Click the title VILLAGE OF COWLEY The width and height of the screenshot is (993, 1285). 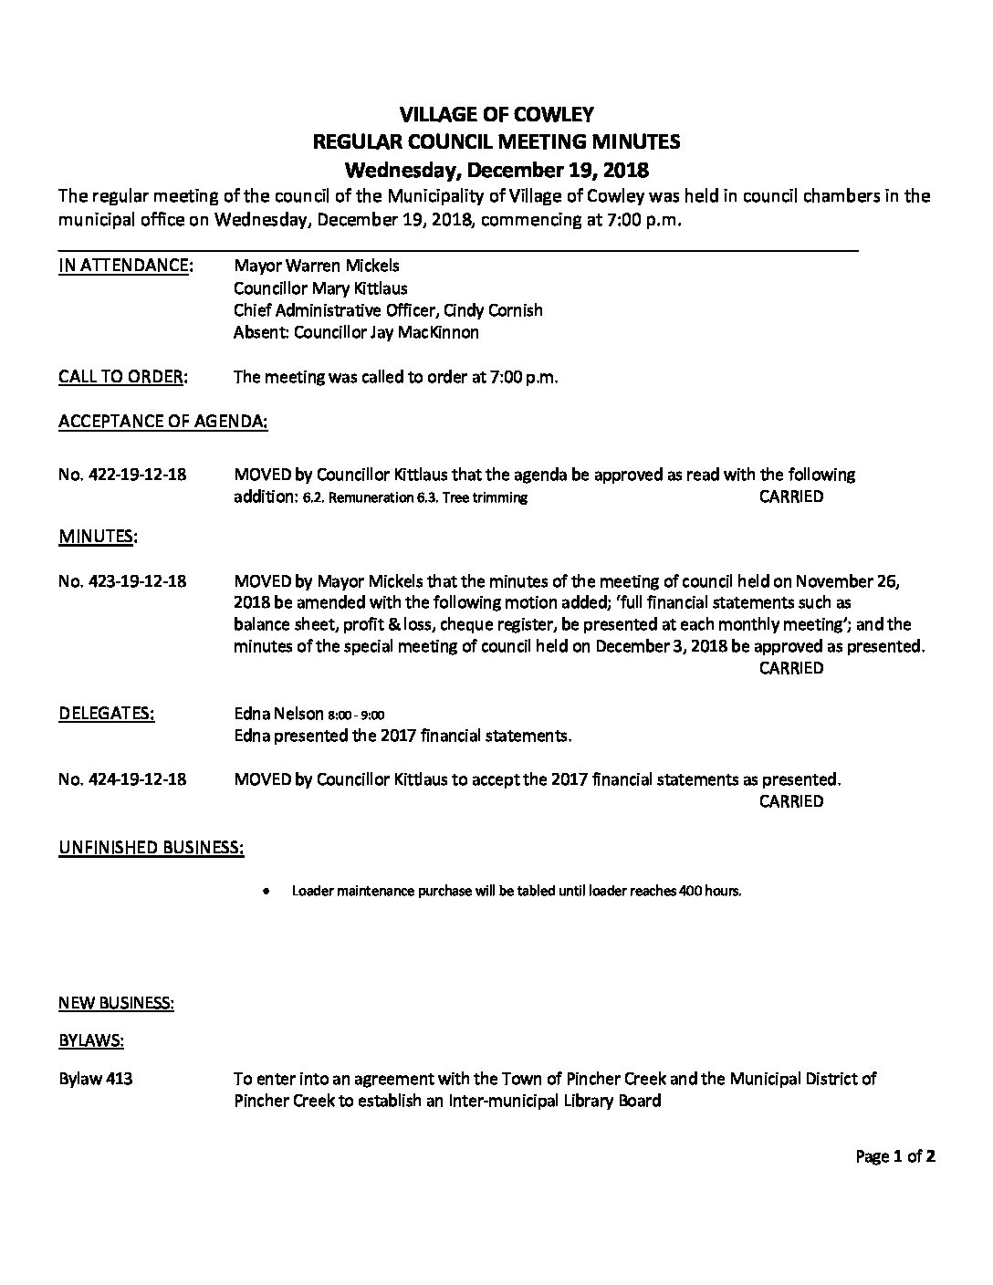coord(496,114)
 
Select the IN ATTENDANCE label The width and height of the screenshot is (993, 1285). coord(125,266)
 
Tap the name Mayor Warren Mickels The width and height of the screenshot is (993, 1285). coord(317,266)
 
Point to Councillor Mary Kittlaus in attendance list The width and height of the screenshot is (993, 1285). coord(320,288)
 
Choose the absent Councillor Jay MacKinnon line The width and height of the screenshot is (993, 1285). coord(356,332)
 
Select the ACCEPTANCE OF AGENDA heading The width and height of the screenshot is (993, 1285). coord(163,422)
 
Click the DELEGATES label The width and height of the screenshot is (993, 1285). coord(107,714)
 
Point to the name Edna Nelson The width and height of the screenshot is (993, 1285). coord(278,714)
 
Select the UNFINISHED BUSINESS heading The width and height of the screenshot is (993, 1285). coord(152,848)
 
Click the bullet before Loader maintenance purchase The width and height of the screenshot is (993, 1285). coord(266,892)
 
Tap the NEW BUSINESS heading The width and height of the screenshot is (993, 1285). coord(117,1003)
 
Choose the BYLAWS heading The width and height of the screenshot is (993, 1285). coord(91,1039)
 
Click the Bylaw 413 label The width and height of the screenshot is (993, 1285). coord(96,1079)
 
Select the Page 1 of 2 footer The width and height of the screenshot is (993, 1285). coord(894,1157)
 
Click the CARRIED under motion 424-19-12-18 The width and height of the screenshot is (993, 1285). coord(790,801)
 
